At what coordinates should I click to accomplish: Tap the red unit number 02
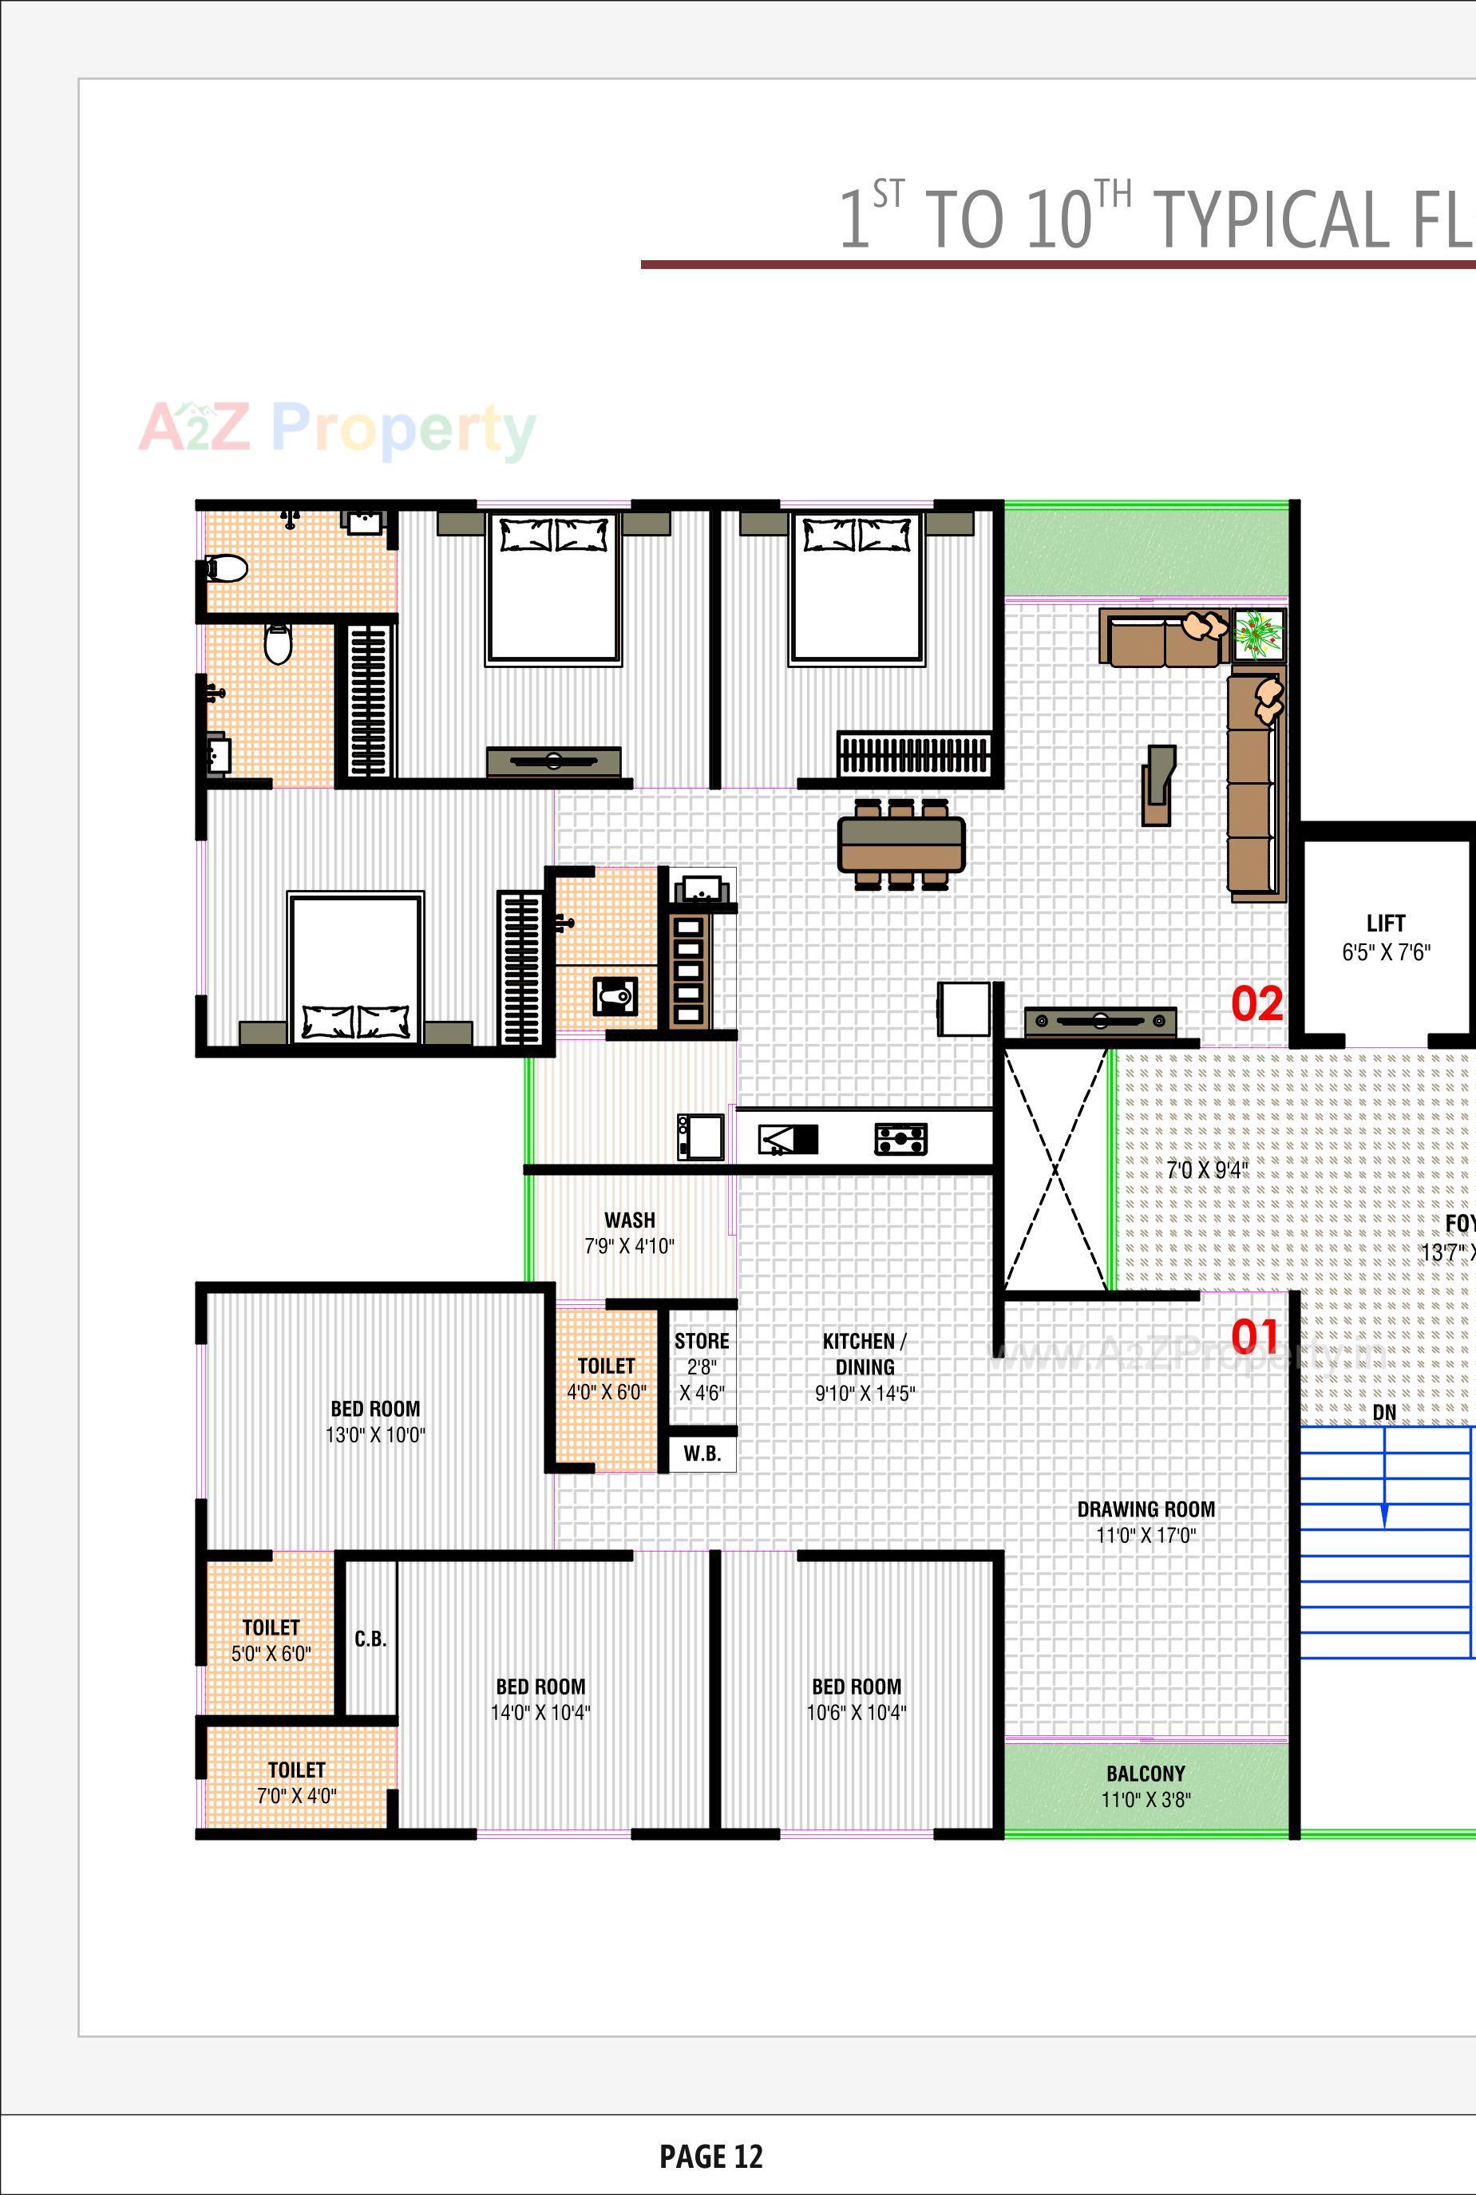(x=1256, y=1003)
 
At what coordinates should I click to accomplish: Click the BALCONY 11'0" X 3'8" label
(x=1146, y=1786)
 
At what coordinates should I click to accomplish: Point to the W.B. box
(x=702, y=1453)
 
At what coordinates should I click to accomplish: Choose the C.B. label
(x=370, y=1639)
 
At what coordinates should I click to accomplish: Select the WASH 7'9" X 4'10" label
(x=630, y=1232)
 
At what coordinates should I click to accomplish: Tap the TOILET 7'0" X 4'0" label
(x=296, y=1782)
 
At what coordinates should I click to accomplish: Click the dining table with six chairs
(x=901, y=844)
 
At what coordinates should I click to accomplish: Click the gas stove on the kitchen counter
(x=901, y=1139)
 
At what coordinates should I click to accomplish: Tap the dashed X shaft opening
(x=1055, y=1170)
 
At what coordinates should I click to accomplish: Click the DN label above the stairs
(x=1383, y=1412)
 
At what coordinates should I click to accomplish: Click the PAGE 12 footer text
(x=710, y=2155)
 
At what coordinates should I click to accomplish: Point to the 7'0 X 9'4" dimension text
(x=1207, y=1170)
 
